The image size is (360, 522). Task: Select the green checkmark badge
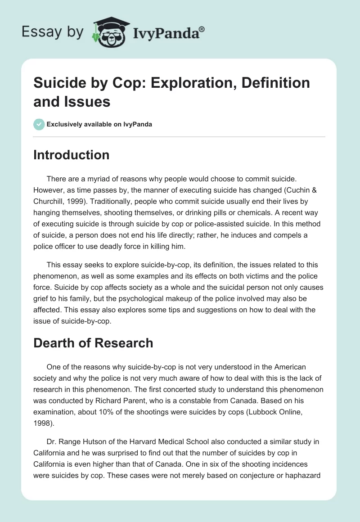pyautogui.click(x=39, y=124)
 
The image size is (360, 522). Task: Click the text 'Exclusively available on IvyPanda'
pyautogui.click(x=99, y=124)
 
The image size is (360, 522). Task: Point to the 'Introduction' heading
pyautogui.click(x=72, y=155)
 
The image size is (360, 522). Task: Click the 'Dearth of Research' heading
pyautogui.click(x=93, y=343)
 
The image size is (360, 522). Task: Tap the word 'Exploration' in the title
pyautogui.click(x=184, y=83)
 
